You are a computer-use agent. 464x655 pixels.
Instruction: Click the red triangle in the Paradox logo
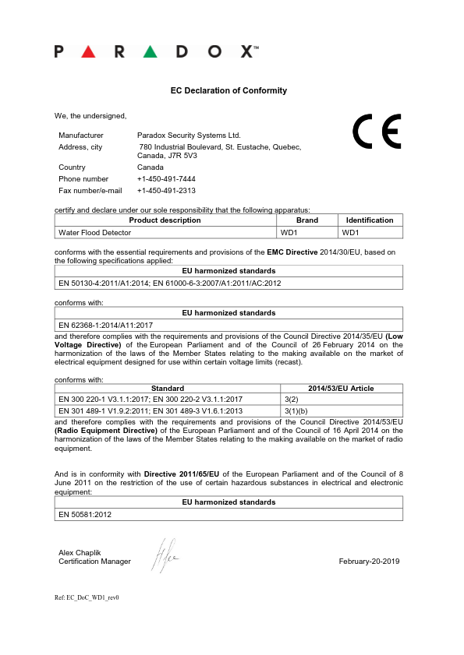coord(88,51)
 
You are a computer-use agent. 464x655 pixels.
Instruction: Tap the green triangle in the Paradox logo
coord(151,51)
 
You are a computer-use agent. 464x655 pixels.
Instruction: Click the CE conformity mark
coord(377,132)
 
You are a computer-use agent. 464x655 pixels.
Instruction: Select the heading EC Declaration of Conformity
coord(228,90)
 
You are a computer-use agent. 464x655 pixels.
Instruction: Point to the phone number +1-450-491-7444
coord(166,178)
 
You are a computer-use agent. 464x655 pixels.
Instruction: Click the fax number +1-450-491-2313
coord(166,190)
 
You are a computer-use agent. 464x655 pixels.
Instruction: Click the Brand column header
coord(307,220)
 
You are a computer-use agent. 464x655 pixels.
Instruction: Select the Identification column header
coord(370,220)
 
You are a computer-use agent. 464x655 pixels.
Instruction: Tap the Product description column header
coord(165,220)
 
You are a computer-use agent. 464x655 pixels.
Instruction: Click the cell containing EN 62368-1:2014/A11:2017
coord(106,324)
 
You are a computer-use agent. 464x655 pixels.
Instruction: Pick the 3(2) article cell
coord(289,399)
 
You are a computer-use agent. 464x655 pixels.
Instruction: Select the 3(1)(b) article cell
coord(296,410)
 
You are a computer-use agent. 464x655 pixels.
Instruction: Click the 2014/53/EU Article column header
coord(341,388)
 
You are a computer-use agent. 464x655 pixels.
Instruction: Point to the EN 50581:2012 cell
coord(85,515)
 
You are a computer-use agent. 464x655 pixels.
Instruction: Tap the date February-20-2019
coord(369,562)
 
